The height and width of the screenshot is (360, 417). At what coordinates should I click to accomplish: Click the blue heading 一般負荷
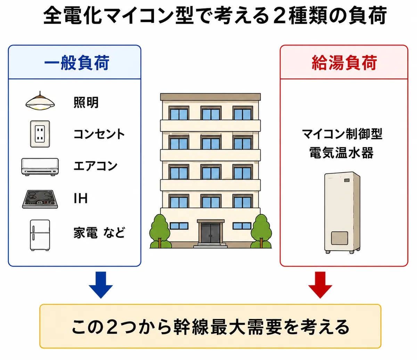click(x=77, y=63)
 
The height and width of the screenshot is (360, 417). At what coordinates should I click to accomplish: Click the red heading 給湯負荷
click(x=344, y=63)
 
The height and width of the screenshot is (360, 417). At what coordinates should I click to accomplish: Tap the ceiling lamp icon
click(x=40, y=101)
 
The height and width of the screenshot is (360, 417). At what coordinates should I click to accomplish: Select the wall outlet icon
click(x=40, y=134)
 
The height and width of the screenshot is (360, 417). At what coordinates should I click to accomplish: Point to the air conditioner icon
click(x=40, y=167)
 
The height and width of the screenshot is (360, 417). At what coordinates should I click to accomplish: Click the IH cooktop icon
click(x=40, y=199)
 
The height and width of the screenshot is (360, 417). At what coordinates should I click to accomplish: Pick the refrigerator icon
click(x=40, y=235)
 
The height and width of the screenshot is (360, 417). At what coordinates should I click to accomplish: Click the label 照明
click(x=86, y=102)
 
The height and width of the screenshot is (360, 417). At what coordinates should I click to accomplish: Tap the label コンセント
click(x=99, y=134)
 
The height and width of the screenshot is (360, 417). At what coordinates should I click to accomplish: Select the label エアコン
click(x=96, y=166)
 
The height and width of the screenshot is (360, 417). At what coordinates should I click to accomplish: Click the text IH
click(x=81, y=198)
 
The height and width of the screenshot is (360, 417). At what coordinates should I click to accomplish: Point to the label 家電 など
click(x=99, y=232)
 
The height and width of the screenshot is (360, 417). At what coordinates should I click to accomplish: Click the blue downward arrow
click(x=101, y=285)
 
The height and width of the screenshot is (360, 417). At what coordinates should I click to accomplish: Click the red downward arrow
click(x=320, y=285)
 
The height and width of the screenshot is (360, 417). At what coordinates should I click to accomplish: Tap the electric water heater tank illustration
click(x=342, y=213)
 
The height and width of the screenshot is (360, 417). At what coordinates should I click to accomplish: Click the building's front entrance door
click(x=211, y=233)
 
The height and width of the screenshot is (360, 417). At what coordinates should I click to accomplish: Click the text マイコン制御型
click(x=342, y=134)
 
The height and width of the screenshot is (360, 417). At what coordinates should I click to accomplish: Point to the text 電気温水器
click(x=341, y=153)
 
